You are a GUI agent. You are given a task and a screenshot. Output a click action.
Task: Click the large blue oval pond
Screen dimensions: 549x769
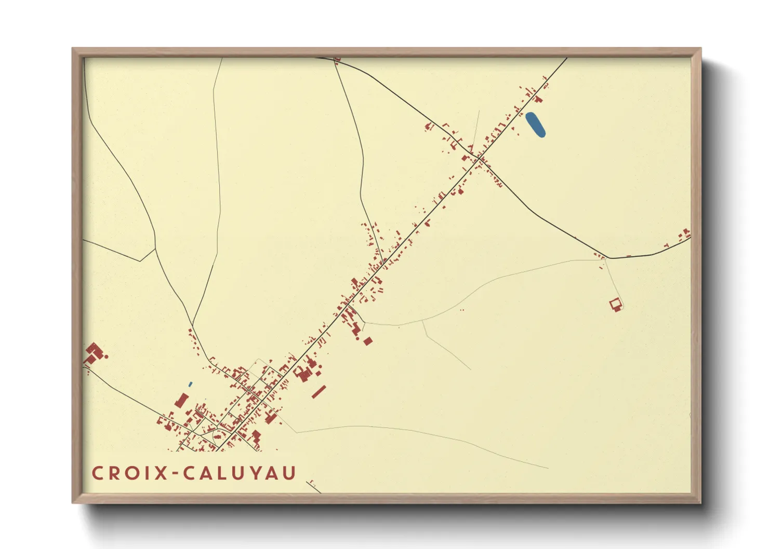pyautogui.click(x=535, y=125)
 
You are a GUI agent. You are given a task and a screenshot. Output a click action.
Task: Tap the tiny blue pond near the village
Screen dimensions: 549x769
pyautogui.click(x=190, y=385)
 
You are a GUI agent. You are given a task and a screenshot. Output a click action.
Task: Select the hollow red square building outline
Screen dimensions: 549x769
pyautogui.click(x=616, y=304)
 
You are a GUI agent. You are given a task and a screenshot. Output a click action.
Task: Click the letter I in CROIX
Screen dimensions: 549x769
pyautogui.click(x=148, y=473)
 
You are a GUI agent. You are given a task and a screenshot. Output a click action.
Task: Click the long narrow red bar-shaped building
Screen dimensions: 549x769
pyautogui.click(x=319, y=392)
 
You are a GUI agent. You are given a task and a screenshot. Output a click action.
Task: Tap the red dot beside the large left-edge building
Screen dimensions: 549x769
pyautogui.click(x=107, y=356)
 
